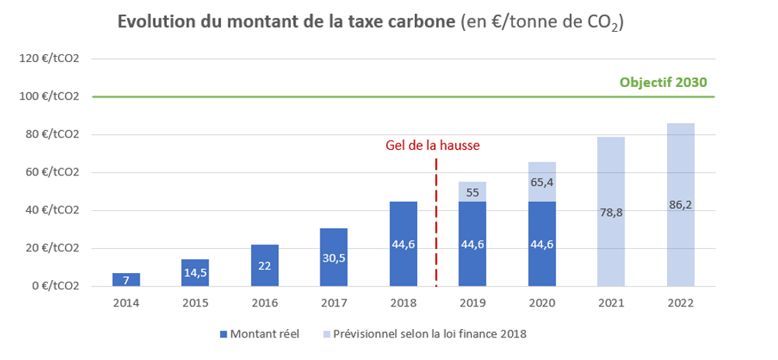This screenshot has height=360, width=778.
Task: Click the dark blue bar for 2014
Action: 126,279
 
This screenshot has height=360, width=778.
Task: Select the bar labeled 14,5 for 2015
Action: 195,272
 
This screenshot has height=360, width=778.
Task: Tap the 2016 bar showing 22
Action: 265,265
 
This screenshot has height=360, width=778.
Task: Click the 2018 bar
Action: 403,244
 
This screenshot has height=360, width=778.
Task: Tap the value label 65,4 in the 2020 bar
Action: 541,182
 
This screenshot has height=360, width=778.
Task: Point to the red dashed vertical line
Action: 437,225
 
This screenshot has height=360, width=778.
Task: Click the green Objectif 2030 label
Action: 664,83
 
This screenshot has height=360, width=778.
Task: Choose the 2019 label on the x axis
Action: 472,303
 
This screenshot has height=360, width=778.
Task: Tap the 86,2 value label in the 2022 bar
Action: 680,206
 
